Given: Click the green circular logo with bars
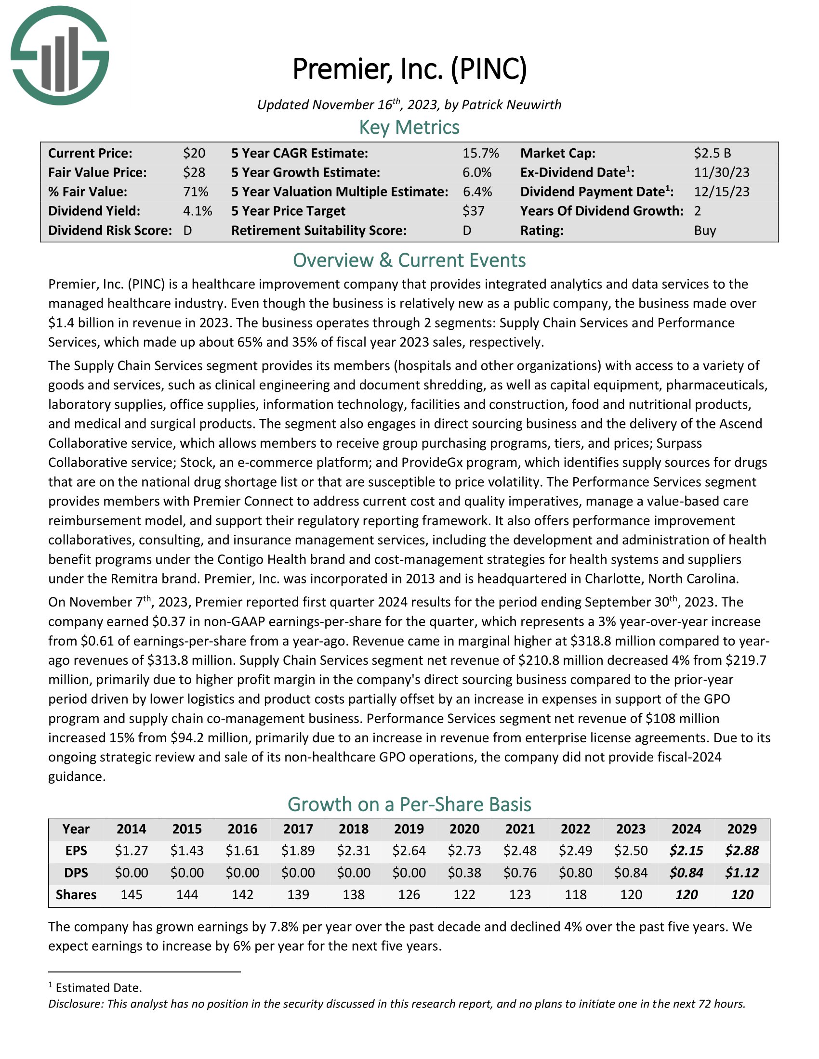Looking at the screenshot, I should click(59, 56).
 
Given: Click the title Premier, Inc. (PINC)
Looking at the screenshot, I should click(409, 69).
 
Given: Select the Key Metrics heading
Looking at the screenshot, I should click(409, 128).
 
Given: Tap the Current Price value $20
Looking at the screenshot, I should click(194, 153).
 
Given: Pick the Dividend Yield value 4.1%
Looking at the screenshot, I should click(198, 211).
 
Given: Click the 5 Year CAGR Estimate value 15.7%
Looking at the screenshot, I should click(480, 153).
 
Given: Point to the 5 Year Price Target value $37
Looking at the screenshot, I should click(473, 211).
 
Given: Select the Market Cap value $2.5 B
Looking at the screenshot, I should click(712, 153).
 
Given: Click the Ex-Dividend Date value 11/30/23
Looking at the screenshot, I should click(722, 172).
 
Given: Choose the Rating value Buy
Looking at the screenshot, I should click(705, 230).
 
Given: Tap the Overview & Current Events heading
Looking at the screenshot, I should click(409, 260).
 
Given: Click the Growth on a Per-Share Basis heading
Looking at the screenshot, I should click(409, 804).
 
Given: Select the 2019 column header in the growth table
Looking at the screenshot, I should click(409, 829).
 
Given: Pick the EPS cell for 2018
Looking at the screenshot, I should click(354, 851).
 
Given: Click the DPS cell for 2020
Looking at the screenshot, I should click(464, 873).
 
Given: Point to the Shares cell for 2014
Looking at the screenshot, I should click(132, 895).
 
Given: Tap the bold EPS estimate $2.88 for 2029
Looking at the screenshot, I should click(742, 851).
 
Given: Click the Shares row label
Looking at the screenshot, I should click(76, 895).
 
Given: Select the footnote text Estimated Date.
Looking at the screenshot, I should click(98, 988).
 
